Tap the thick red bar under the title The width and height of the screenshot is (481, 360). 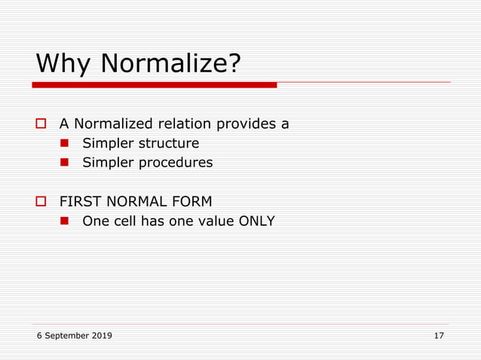[155, 85]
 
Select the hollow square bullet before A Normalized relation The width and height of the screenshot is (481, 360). [43, 124]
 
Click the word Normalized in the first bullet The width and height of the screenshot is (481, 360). [113, 124]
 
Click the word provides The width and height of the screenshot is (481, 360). [247, 124]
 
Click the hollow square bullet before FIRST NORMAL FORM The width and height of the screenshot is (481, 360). [43, 202]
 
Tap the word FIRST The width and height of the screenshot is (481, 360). [78, 202]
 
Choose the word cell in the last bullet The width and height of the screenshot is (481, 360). [127, 221]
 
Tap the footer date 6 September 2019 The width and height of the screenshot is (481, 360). [75, 335]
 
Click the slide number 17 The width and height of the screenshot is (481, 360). [439, 335]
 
